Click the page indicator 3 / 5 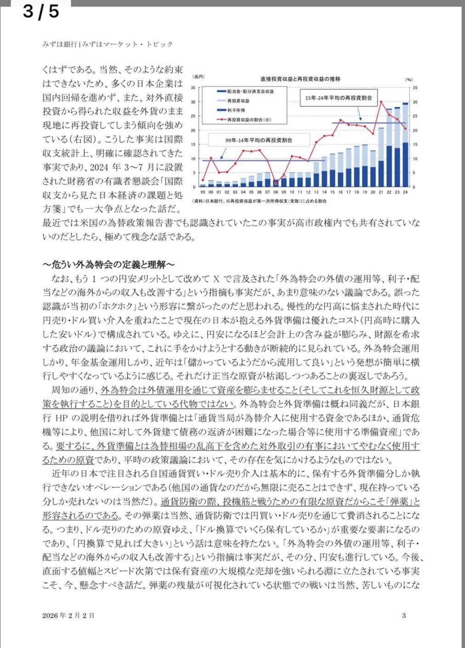(41, 11)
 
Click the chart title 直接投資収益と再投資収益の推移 (300, 79)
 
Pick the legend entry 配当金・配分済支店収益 (250, 91)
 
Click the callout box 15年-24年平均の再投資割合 (338, 98)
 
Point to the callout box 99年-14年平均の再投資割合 (258, 140)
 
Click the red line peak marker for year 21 (381, 101)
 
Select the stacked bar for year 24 (405, 145)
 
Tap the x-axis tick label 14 (324, 192)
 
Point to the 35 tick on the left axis (193, 87)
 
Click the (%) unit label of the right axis (408, 79)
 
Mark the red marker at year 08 (276, 184)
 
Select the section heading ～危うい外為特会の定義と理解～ (109, 265)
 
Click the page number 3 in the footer (404, 615)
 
